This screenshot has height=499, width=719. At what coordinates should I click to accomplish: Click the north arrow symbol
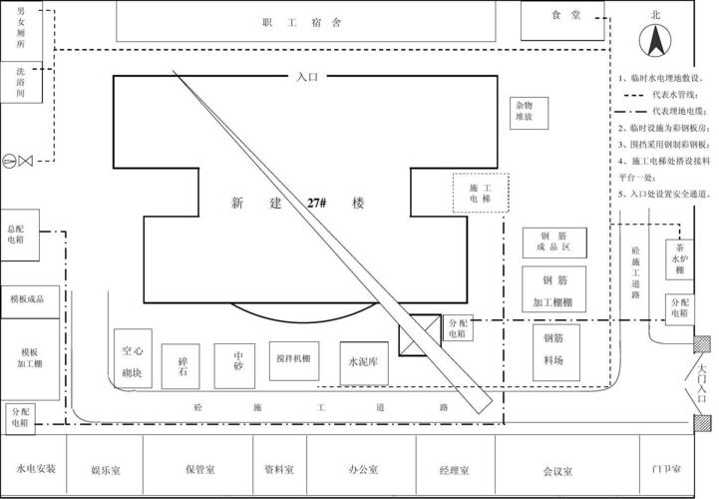[657, 41]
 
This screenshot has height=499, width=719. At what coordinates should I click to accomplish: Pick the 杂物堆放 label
[524, 111]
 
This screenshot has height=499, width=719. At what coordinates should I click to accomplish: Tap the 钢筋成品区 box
[554, 243]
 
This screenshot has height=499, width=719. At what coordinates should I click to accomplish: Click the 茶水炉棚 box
[679, 258]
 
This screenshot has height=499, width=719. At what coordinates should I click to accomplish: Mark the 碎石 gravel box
[181, 365]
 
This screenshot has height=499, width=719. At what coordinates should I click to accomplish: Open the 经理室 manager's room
[454, 468]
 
